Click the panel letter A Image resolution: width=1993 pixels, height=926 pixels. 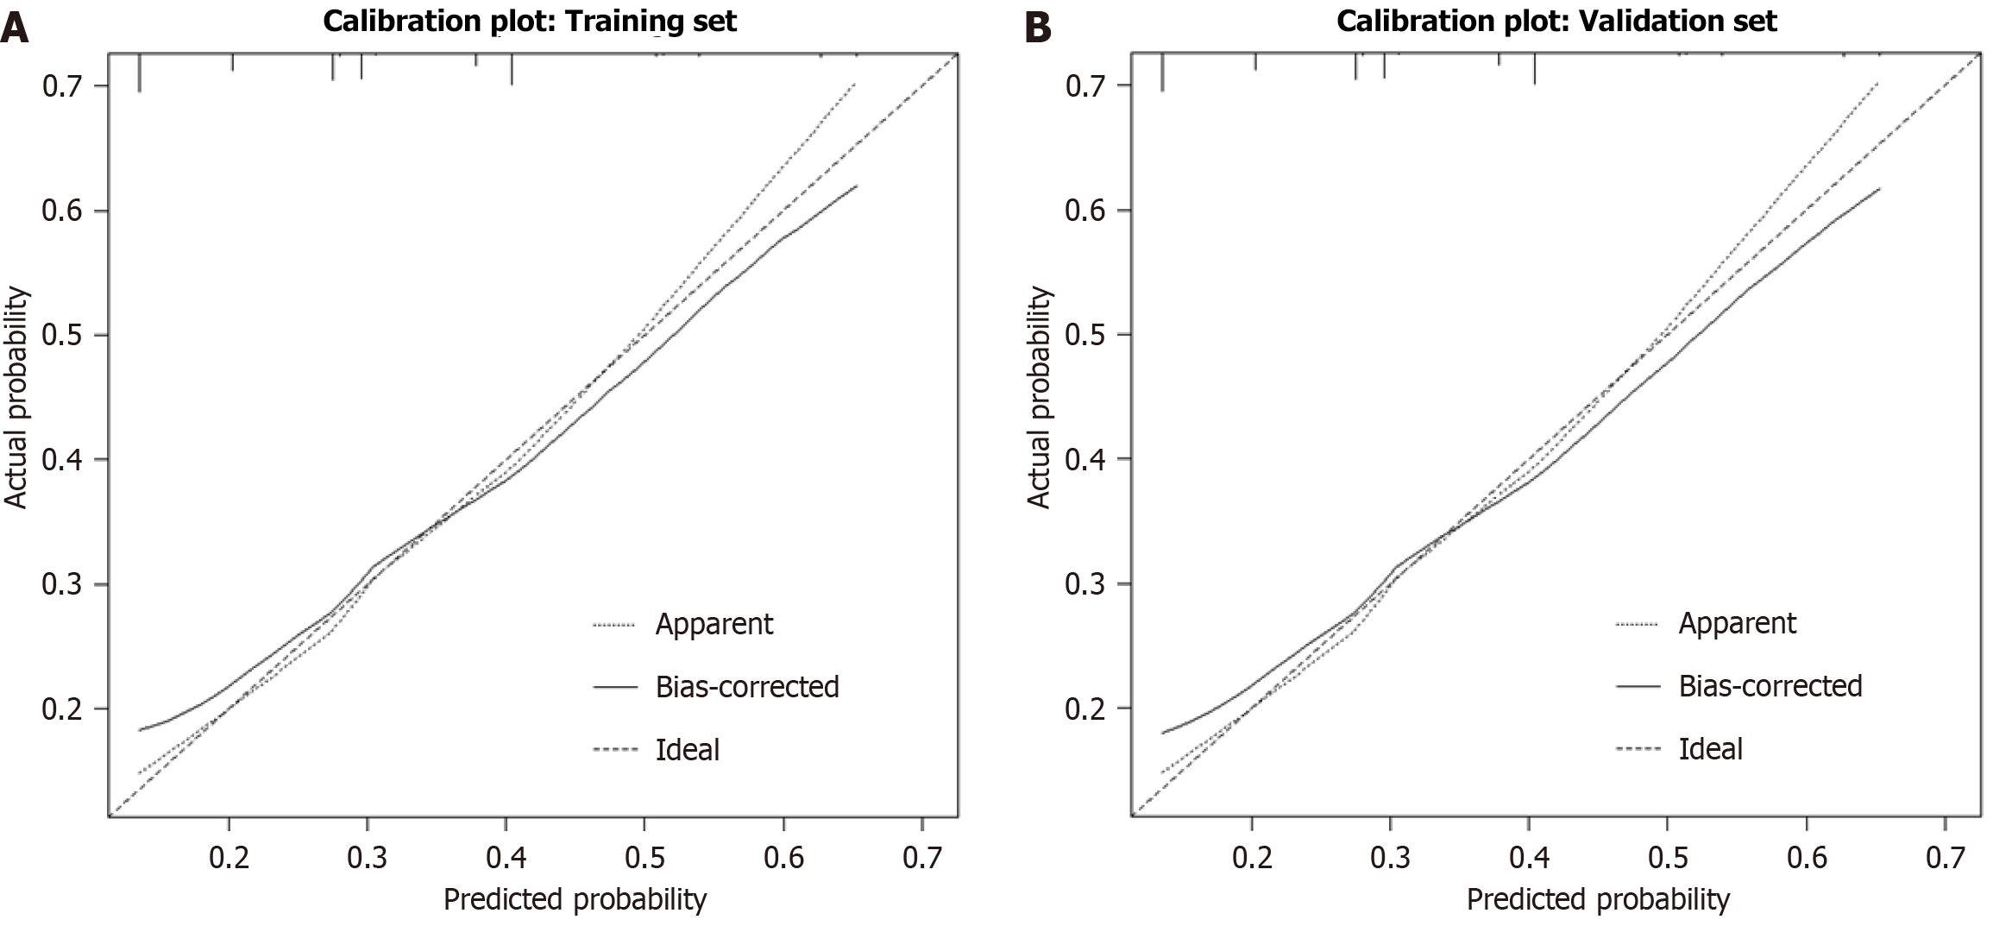tap(16, 28)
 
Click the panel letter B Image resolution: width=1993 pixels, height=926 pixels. tap(1037, 28)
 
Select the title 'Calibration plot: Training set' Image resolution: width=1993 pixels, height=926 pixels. tap(530, 20)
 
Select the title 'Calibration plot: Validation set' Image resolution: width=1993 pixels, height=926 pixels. tap(1556, 20)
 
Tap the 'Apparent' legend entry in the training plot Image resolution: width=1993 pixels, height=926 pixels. tap(714, 624)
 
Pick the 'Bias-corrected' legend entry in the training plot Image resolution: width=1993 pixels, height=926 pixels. tap(746, 687)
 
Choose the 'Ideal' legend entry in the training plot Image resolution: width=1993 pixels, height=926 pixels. tap(687, 749)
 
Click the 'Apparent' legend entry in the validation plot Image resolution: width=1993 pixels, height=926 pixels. tap(1737, 623)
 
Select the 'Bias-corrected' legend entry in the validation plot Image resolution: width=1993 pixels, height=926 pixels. tap(1770, 686)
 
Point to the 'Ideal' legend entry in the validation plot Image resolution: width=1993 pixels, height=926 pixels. tap(1710, 748)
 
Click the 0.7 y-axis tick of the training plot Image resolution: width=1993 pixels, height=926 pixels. tap(63, 86)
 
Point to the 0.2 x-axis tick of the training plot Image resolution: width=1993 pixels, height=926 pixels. tap(229, 856)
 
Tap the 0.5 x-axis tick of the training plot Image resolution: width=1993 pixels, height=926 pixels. tap(644, 856)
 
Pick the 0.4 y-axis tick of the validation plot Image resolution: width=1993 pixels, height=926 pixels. tap(1086, 459)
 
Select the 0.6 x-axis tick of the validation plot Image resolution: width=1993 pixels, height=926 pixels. tap(1807, 856)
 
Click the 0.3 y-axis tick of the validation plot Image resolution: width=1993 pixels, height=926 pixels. tap(1086, 584)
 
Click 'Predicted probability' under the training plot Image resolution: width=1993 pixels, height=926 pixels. tap(575, 899)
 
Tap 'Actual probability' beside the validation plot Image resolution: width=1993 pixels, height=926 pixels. tap(1040, 398)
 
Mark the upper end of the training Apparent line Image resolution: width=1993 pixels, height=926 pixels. tap(854, 84)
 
